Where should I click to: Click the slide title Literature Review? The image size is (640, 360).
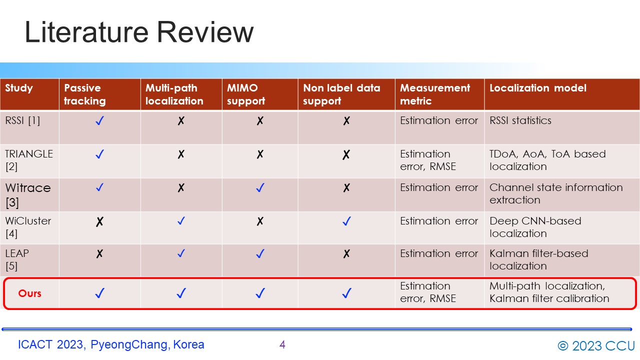pyautogui.click(x=139, y=32)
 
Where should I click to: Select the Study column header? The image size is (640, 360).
pyautogui.click(x=19, y=88)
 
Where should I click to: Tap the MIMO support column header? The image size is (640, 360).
pyautogui.click(x=245, y=94)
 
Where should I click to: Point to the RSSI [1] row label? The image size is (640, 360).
pyautogui.click(x=22, y=120)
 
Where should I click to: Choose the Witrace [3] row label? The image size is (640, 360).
pyautogui.click(x=28, y=195)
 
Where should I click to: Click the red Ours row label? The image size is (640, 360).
pyautogui.click(x=29, y=293)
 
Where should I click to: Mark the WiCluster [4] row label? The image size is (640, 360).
pyautogui.click(x=28, y=227)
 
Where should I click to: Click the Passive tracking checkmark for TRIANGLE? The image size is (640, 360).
pyautogui.click(x=99, y=154)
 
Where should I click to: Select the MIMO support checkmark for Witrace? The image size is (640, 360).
pyautogui.click(x=260, y=187)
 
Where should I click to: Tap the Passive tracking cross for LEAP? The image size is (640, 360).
pyautogui.click(x=99, y=253)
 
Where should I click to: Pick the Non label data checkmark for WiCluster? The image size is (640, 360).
pyautogui.click(x=346, y=221)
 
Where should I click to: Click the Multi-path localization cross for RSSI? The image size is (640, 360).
pyautogui.click(x=181, y=121)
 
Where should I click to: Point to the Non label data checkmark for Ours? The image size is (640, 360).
pyautogui.click(x=346, y=293)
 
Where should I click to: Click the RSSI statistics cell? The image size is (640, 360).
pyautogui.click(x=520, y=120)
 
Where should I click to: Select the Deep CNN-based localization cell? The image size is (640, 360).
pyautogui.click(x=535, y=227)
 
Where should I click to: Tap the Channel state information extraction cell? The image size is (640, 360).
pyautogui.click(x=556, y=193)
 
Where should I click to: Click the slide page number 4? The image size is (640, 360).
pyautogui.click(x=282, y=344)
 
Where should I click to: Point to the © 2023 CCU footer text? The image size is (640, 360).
pyautogui.click(x=596, y=345)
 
